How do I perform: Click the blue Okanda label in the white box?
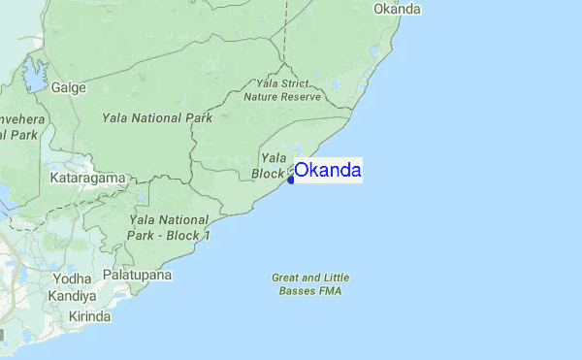pos(328,171)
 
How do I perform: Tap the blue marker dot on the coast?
pos(290,180)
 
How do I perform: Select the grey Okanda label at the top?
pos(397,10)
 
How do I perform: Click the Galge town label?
pos(69,87)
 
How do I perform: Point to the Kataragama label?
pos(89,179)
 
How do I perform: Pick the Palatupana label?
pos(139,276)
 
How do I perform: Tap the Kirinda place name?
pos(89,317)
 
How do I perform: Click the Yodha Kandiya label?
pos(74,287)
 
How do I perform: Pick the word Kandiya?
pos(74,295)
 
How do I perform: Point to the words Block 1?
pos(191,236)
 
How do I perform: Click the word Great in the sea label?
pos(286,277)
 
